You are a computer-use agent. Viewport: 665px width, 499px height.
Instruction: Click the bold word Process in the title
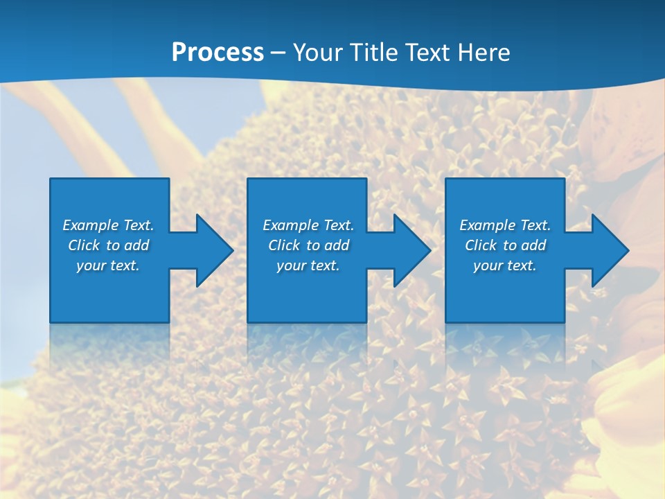(218, 53)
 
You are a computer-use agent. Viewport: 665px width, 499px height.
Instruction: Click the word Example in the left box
(90, 225)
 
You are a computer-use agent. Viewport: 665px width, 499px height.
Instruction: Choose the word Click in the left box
(84, 245)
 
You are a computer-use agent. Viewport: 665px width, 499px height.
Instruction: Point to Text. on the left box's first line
(139, 225)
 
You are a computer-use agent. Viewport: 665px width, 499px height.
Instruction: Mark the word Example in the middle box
(290, 225)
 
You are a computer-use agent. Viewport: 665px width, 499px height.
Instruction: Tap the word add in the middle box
(337, 245)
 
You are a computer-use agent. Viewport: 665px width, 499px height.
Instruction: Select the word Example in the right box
(487, 225)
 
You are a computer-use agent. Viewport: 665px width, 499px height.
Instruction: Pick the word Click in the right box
(481, 245)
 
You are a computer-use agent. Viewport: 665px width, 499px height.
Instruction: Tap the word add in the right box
(533, 245)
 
